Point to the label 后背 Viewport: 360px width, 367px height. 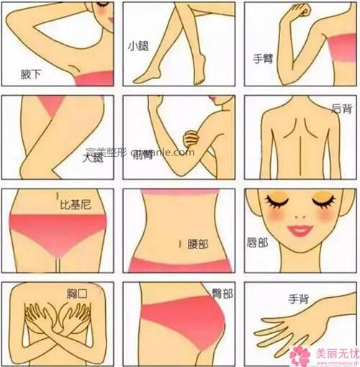click(x=341, y=108)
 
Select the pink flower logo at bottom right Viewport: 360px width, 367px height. click(x=300, y=355)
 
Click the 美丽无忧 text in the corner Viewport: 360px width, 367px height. click(x=333, y=353)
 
